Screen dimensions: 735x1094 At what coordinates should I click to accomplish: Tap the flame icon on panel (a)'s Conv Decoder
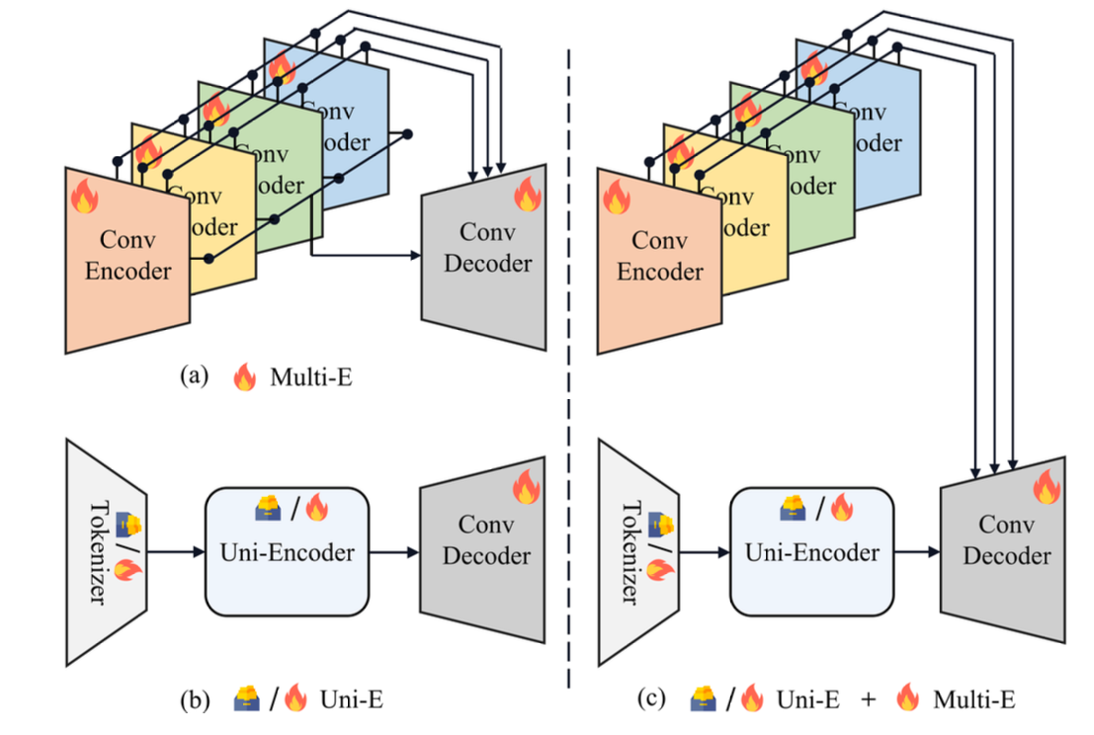point(528,196)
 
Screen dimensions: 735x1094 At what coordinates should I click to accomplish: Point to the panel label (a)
point(192,375)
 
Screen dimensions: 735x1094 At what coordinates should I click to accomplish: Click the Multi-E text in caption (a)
point(309,375)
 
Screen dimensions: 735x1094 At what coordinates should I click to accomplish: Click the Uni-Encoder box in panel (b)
point(286,552)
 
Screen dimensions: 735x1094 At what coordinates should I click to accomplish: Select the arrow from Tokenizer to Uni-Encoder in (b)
point(175,552)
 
